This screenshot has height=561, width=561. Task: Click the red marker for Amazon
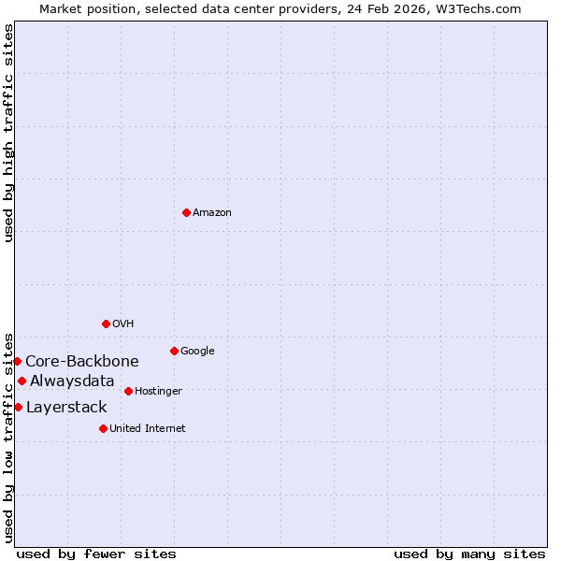coord(186,212)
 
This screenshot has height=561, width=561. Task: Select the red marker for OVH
coord(106,324)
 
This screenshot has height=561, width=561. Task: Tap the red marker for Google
coord(174,351)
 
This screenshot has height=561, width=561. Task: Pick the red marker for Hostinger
coord(128,391)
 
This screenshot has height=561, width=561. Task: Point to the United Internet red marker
coord(103,428)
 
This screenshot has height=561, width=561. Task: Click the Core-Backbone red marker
coord(17,361)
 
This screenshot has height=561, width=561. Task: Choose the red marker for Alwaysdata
coord(22,381)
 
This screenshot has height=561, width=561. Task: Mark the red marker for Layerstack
coord(18,407)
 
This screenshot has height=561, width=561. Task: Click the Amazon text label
coord(212,213)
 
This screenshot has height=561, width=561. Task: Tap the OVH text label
coord(123,324)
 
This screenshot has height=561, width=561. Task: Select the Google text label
coord(197,352)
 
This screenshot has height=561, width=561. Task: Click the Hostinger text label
coord(158,392)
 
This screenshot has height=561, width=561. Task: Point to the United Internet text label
coord(147,429)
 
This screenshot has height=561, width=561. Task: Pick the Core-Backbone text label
coord(82,362)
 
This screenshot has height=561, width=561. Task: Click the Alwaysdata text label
coord(72,381)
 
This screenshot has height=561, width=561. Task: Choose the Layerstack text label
coord(66,408)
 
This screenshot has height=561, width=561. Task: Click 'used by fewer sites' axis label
coord(96,554)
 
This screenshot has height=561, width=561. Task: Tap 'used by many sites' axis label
coord(469,554)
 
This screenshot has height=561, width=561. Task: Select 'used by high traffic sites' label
coord(8,133)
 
